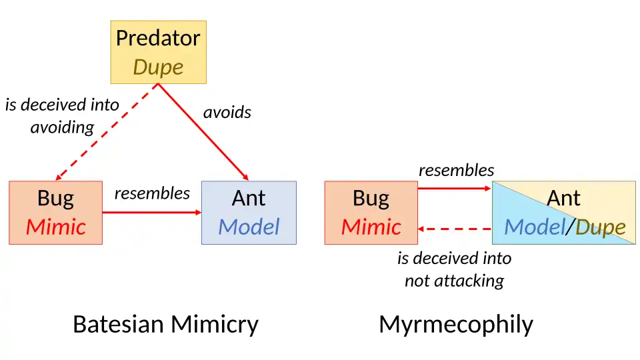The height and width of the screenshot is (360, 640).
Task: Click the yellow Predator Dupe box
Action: coord(158,52)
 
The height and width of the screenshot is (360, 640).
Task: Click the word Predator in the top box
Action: coord(158,38)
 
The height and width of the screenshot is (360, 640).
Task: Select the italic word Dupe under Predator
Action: coord(158,67)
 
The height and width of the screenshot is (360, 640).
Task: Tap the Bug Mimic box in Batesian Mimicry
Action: coord(55,212)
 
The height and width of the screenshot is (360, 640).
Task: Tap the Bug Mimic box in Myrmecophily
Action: coord(371,212)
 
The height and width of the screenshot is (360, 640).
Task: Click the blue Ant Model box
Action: coord(249,212)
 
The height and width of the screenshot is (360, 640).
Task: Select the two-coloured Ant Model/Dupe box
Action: coord(563,212)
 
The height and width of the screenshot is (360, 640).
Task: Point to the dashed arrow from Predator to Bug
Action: coord(107,131)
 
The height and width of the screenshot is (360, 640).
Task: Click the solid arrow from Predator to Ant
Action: coord(203,131)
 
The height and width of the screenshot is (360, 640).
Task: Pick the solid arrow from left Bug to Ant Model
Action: coord(151,213)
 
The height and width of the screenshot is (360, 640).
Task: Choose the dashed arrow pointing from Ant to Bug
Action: coord(455,229)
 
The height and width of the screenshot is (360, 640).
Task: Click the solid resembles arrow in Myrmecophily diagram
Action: coord(455,189)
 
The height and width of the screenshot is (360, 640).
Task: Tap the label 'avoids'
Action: coord(227,112)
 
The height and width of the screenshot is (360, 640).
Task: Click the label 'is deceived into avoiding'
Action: coord(62,115)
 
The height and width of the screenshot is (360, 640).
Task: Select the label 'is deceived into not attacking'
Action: coord(454,269)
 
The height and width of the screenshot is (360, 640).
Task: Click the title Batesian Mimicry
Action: coord(165,324)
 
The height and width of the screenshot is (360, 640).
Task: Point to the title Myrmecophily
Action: coord(456,324)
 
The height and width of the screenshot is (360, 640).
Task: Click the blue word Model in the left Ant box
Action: coord(249,227)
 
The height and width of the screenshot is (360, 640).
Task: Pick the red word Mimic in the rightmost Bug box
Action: coord(371,227)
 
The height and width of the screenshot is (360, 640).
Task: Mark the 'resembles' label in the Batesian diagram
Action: coord(152,193)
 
